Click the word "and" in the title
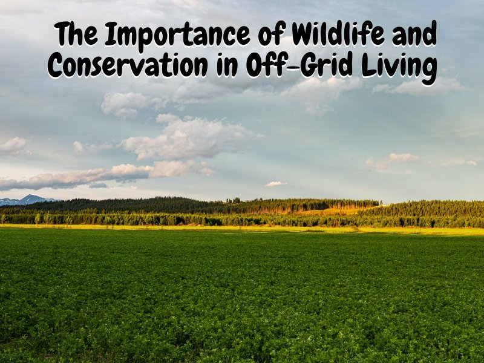(416, 36)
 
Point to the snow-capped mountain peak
(27, 198)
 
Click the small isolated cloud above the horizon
(276, 184)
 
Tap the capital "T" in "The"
(62, 36)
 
